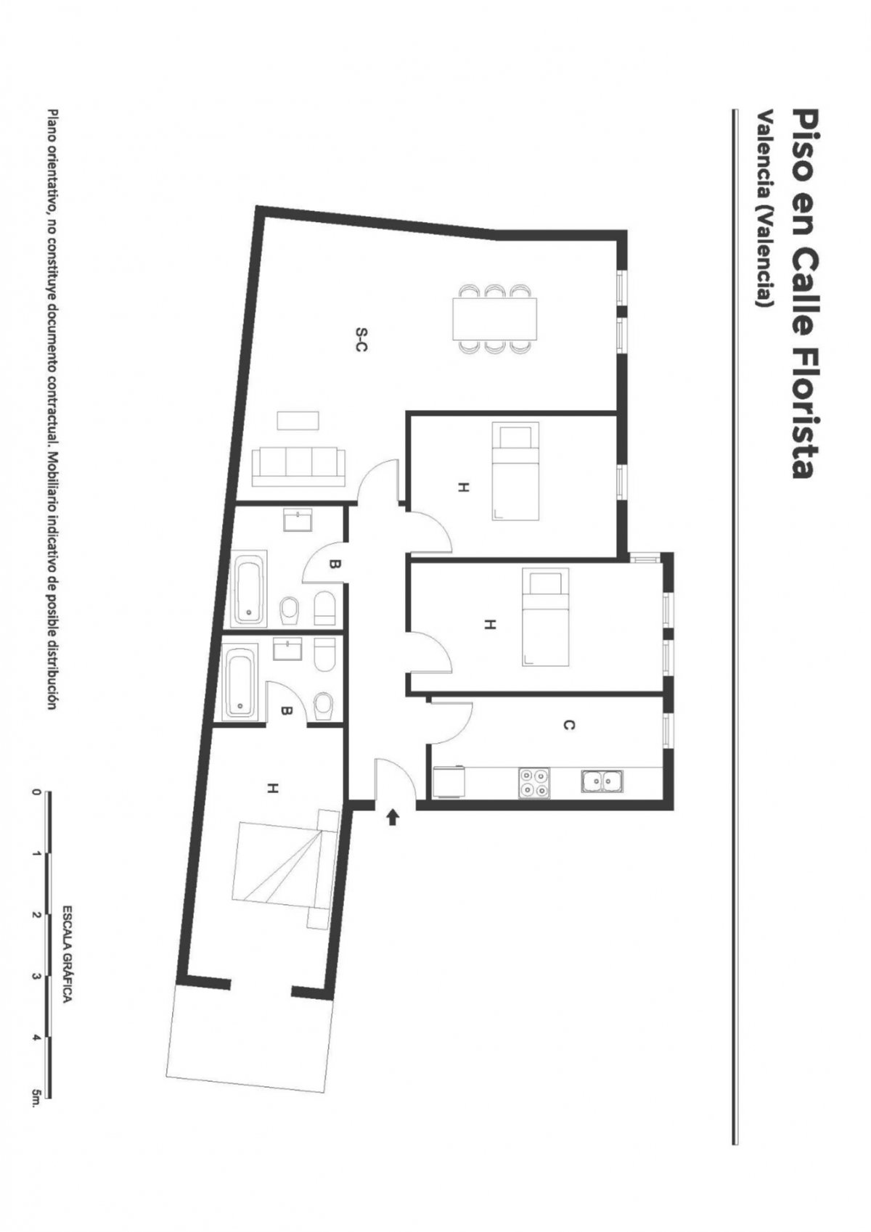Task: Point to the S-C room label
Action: (361, 340)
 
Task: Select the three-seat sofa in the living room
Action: (299, 467)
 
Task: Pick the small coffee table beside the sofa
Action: (298, 422)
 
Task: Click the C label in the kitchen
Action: (569, 726)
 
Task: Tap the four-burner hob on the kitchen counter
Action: (533, 783)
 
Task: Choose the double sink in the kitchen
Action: (602, 781)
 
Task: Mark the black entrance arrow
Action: (391, 818)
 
